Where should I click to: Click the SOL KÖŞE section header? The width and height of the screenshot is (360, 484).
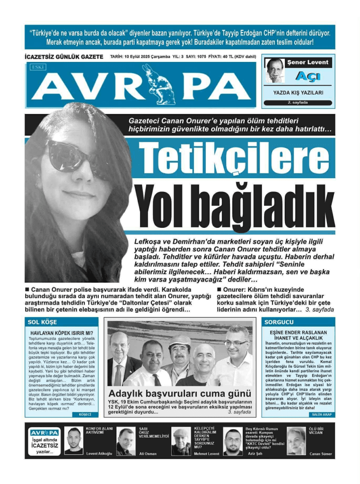pyautogui.click(x=42, y=322)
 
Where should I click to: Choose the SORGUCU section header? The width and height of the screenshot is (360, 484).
pyautogui.click(x=278, y=322)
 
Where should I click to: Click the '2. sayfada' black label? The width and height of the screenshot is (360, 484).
pyautogui.click(x=298, y=103)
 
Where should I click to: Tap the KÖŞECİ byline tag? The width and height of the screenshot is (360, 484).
pyautogui.click(x=85, y=415)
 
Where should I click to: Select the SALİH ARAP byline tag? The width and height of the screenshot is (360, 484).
pyautogui.click(x=322, y=415)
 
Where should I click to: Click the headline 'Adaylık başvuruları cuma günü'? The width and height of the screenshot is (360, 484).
pyautogui.click(x=180, y=393)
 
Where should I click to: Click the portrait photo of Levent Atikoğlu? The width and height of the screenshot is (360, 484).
pyautogui.click(x=73, y=441)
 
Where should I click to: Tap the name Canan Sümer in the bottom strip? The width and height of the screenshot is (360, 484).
pyautogui.click(x=321, y=454)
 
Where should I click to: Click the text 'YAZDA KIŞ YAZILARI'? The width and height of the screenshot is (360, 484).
pyautogui.click(x=298, y=93)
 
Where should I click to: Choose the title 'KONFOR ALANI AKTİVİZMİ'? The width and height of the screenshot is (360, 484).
pyautogui.click(x=99, y=430)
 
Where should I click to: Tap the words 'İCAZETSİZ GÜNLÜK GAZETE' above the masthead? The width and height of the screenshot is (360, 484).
pyautogui.click(x=64, y=57)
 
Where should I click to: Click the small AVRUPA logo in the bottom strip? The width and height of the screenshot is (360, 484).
pyautogui.click(x=44, y=432)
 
